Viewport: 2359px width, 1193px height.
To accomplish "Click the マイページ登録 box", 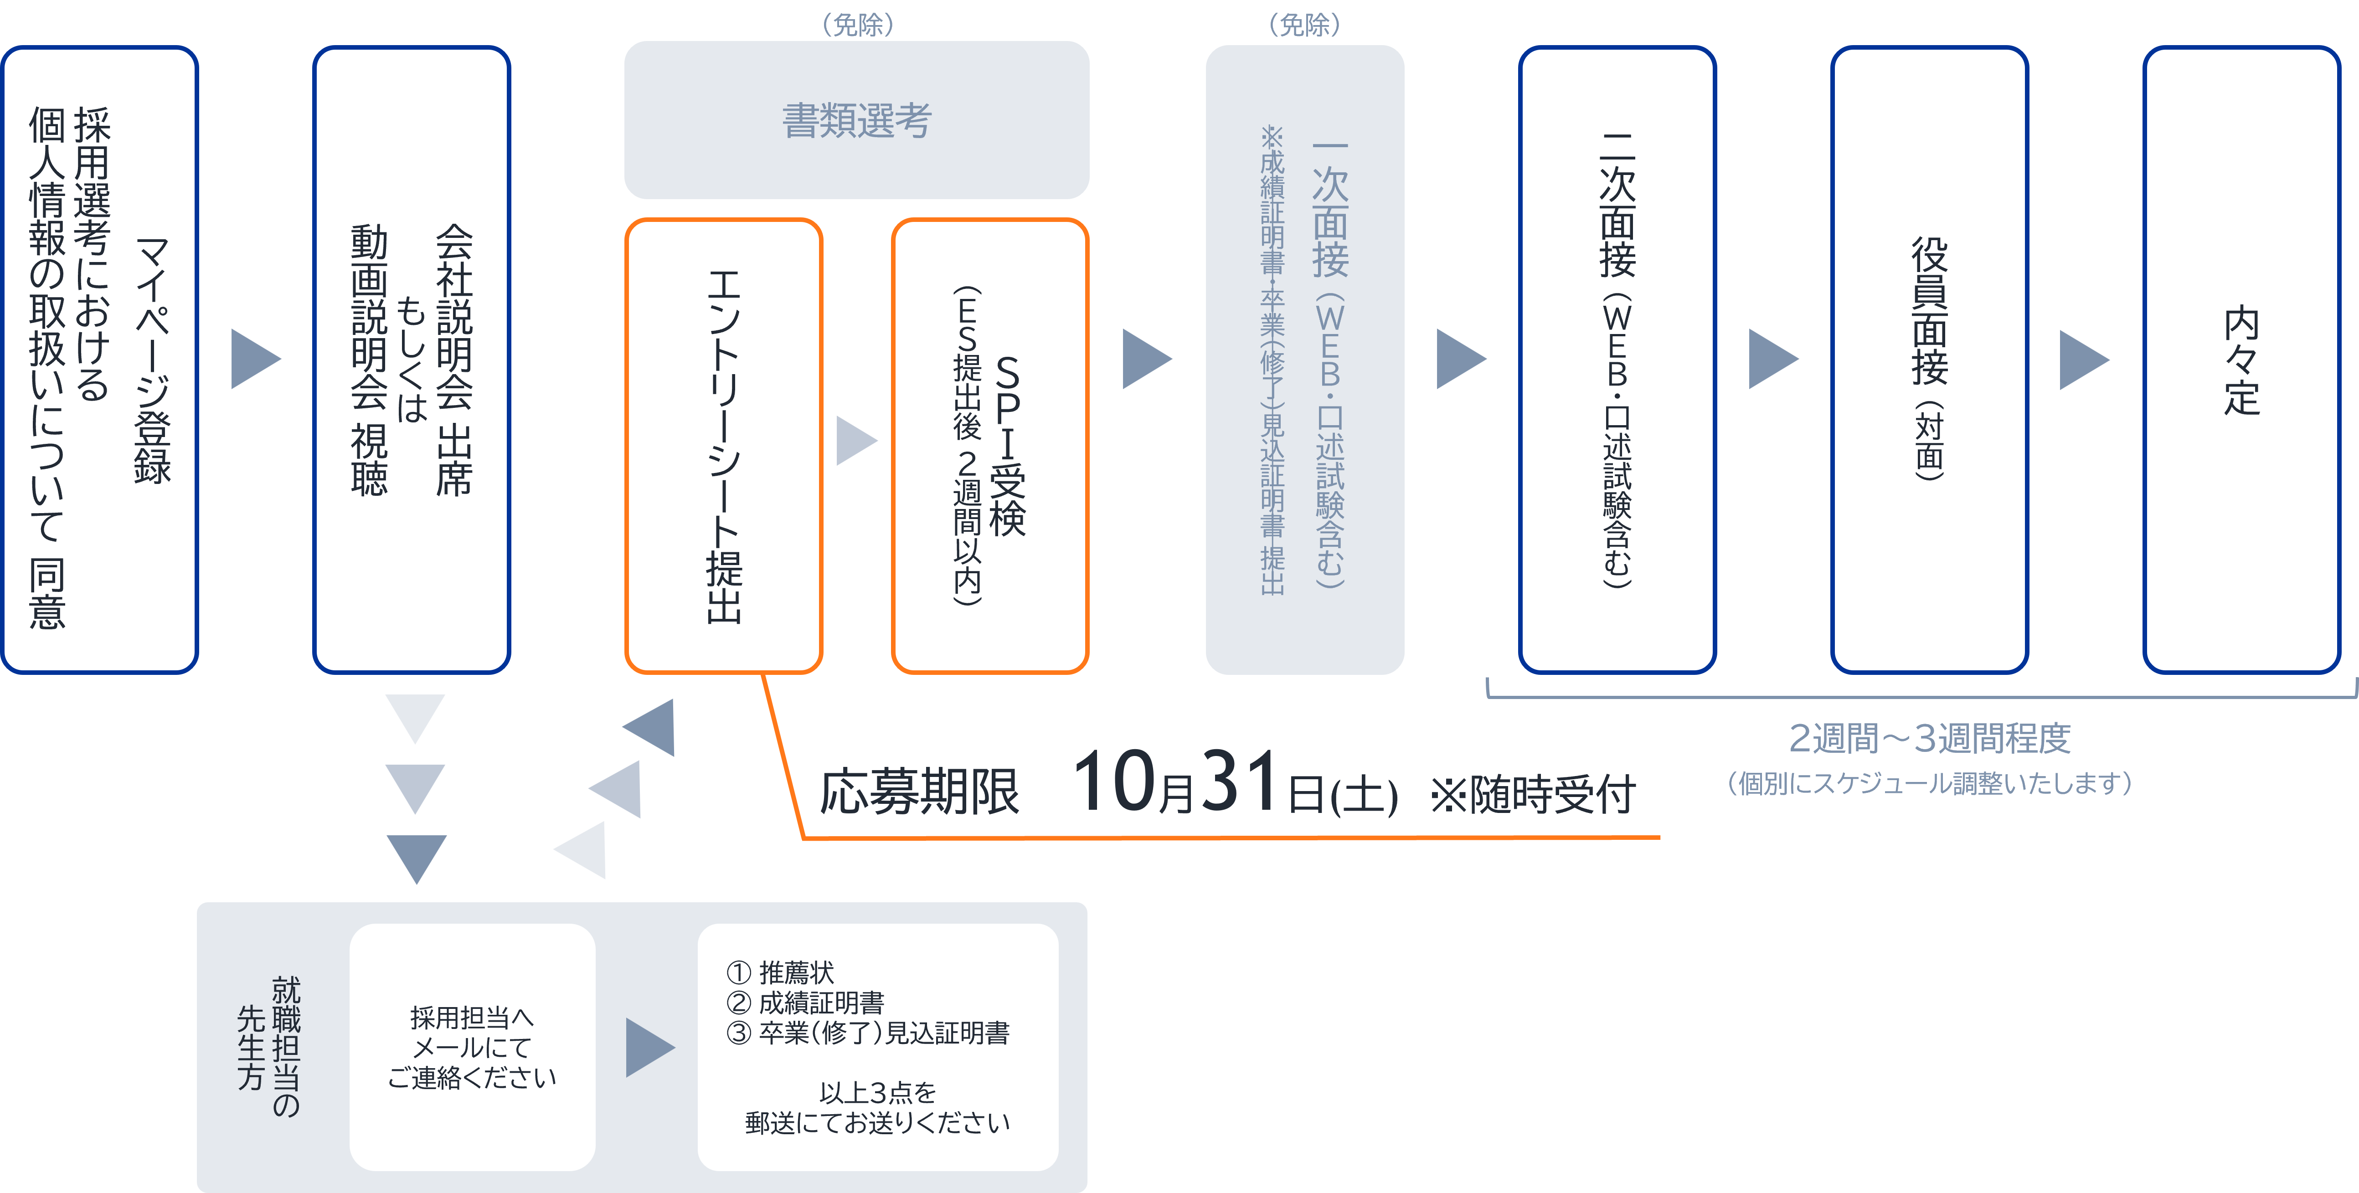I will [x=100, y=360].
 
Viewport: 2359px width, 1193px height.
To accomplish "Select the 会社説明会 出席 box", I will [x=411, y=360].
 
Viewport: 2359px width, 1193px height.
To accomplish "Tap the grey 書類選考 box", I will [x=856, y=120].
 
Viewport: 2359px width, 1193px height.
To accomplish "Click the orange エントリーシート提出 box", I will [x=723, y=446].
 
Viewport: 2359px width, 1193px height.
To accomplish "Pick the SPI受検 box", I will [x=990, y=446].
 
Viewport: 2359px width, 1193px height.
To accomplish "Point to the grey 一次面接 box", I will [x=1304, y=360].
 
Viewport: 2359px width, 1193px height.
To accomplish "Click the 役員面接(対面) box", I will [x=1929, y=360].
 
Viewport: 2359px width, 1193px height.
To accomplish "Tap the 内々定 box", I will [x=2241, y=360].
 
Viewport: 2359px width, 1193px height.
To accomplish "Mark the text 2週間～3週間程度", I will [x=1930, y=738].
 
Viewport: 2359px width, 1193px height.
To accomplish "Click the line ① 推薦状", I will [x=780, y=972].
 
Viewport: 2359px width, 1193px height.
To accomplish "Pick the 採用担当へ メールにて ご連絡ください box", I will [x=472, y=1048].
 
